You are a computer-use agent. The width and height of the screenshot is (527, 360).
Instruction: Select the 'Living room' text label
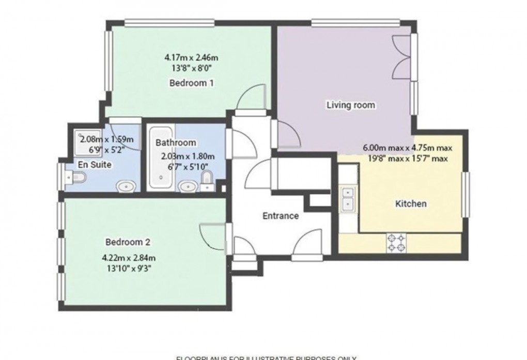351,105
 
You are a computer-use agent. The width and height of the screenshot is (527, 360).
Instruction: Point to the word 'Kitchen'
411,204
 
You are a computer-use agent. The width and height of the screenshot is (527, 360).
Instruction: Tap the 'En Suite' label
92,164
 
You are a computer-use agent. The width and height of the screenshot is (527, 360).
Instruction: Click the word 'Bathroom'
176,143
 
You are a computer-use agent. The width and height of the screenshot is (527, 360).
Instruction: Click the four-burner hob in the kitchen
396,243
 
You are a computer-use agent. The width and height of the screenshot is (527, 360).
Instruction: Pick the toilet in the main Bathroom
206,181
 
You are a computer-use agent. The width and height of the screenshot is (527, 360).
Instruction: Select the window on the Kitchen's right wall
466,194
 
